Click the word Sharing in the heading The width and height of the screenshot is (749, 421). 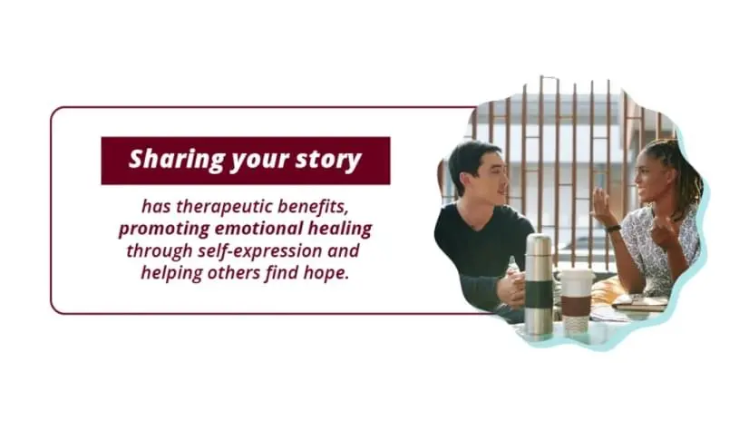point(165,160)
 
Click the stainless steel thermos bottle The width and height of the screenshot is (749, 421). point(539,283)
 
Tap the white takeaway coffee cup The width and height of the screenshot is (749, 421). point(575,299)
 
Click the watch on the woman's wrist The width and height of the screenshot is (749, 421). point(614,228)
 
